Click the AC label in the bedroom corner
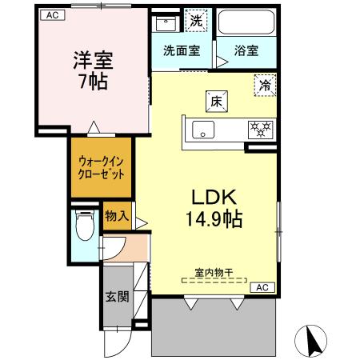tap(50, 14)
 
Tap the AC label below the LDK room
tap(262, 286)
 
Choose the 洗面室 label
tap(182, 50)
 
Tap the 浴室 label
tap(246, 50)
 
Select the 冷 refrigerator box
tap(263, 83)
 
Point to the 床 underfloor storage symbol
tap(216, 101)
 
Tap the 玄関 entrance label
tap(116, 297)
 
